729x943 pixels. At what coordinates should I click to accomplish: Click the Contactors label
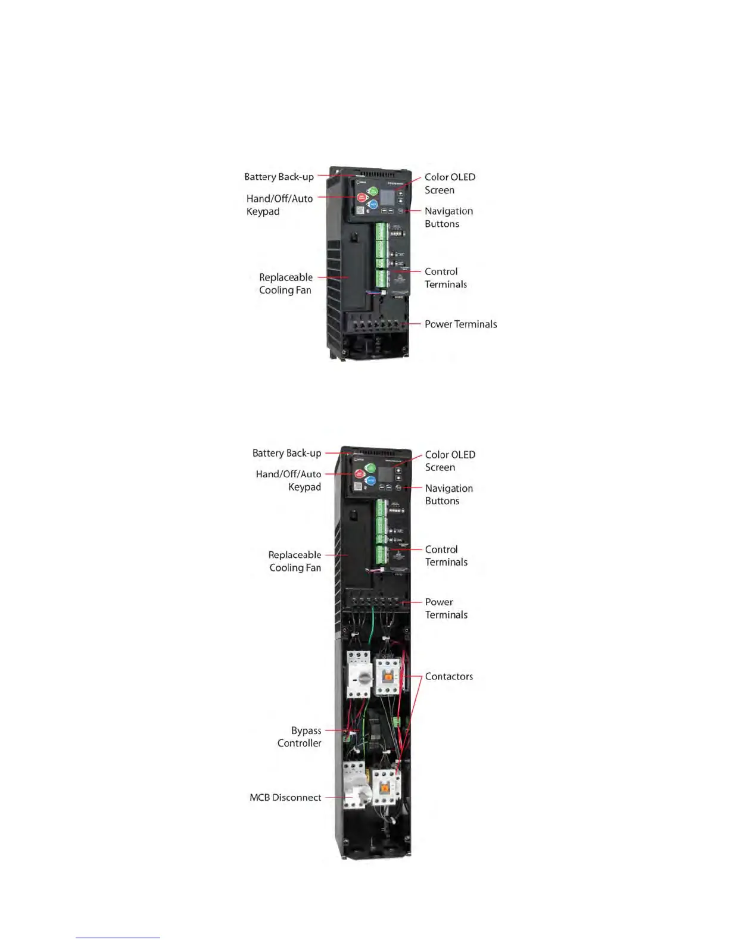tap(448, 676)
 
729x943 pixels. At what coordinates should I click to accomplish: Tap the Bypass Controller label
tap(299, 736)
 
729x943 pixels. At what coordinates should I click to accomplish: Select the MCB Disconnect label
tap(285, 797)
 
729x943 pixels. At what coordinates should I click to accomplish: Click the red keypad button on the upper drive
tap(362, 198)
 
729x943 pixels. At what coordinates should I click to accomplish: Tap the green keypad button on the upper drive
tap(372, 191)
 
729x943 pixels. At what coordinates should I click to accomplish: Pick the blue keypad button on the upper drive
tap(373, 204)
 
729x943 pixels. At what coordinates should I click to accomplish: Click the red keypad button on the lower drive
tap(359, 474)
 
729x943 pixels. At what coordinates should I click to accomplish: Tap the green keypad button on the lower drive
tap(370, 468)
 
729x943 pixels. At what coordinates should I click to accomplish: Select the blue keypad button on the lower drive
tap(370, 480)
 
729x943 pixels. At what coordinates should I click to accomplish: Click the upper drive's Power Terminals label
tap(460, 324)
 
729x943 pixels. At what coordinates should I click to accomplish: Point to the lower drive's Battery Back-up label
tap(286, 453)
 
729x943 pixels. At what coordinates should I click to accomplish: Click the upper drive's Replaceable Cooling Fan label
tap(285, 283)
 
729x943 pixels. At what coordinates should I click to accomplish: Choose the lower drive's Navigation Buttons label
tap(448, 494)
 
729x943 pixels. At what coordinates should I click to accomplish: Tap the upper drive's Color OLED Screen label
tap(450, 183)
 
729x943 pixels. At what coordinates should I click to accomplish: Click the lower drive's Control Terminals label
tap(446, 555)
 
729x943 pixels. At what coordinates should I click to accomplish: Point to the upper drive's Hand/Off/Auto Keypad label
tap(279, 205)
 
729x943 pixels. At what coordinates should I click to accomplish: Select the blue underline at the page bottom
tap(117, 938)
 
